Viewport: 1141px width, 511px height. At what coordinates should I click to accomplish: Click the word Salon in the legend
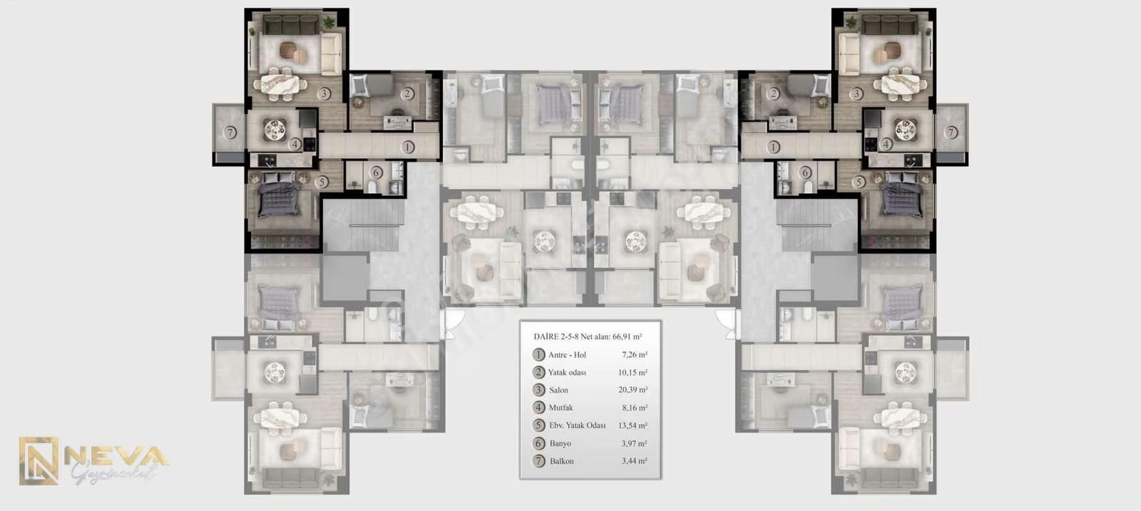coord(558,390)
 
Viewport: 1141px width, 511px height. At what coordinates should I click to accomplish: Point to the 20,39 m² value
coord(633,390)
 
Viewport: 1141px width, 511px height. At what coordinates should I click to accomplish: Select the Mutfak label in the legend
coord(561,408)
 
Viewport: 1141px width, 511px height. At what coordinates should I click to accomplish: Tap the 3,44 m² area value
coord(633,461)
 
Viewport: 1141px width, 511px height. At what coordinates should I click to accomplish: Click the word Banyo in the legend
coord(560,443)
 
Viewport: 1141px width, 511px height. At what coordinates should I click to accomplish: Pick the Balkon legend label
coord(561,461)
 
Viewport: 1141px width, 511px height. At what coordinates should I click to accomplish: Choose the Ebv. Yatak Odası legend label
coord(577,425)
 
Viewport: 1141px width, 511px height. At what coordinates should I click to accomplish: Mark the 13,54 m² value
coord(633,425)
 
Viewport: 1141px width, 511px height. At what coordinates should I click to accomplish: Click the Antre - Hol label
coord(567,354)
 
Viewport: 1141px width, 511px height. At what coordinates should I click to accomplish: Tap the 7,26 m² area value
coord(634,354)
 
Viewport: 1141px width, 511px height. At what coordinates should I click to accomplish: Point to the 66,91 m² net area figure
coord(627,336)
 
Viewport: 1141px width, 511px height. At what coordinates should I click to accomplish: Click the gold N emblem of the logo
coord(39,461)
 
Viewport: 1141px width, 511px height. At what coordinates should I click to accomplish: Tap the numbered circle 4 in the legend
coord(538,408)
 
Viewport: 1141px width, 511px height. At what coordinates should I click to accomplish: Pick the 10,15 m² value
coord(633,372)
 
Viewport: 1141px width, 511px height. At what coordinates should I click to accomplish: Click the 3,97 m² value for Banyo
coord(633,443)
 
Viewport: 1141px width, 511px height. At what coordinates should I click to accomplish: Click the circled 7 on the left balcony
coord(230,133)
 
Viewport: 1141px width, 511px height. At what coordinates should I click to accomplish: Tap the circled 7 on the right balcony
coord(951,133)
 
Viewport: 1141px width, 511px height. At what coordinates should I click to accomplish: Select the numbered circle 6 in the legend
coord(538,443)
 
